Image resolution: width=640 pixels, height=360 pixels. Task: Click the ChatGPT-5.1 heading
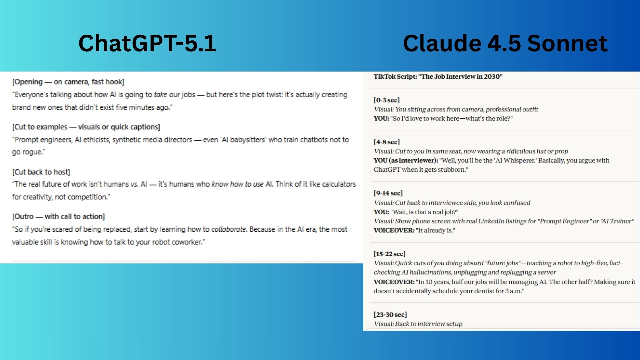pyautogui.click(x=147, y=43)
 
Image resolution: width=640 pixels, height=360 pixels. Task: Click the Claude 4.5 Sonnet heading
pyautogui.click(x=505, y=43)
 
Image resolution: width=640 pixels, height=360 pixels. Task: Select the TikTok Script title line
pyautogui.click(x=438, y=77)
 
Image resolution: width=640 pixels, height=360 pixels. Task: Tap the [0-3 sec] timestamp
pyautogui.click(x=387, y=100)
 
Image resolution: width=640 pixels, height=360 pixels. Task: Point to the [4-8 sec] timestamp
pyautogui.click(x=387, y=142)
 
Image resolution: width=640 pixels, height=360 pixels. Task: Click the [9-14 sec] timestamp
pyautogui.click(x=388, y=193)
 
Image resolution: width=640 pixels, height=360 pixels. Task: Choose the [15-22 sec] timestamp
pyautogui.click(x=390, y=254)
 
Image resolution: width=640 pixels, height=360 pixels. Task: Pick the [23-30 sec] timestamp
pyautogui.click(x=390, y=314)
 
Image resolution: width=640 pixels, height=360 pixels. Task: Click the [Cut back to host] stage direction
pyautogui.click(x=41, y=172)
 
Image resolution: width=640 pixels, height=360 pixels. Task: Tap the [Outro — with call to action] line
pyautogui.click(x=58, y=217)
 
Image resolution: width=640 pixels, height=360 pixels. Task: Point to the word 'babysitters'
pyautogui.click(x=247, y=140)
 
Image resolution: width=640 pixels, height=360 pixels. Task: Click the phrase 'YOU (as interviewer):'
pyautogui.click(x=406, y=160)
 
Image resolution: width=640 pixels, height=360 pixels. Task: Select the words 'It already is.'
pyautogui.click(x=435, y=230)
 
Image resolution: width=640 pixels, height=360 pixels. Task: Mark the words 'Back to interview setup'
pyautogui.click(x=429, y=324)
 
